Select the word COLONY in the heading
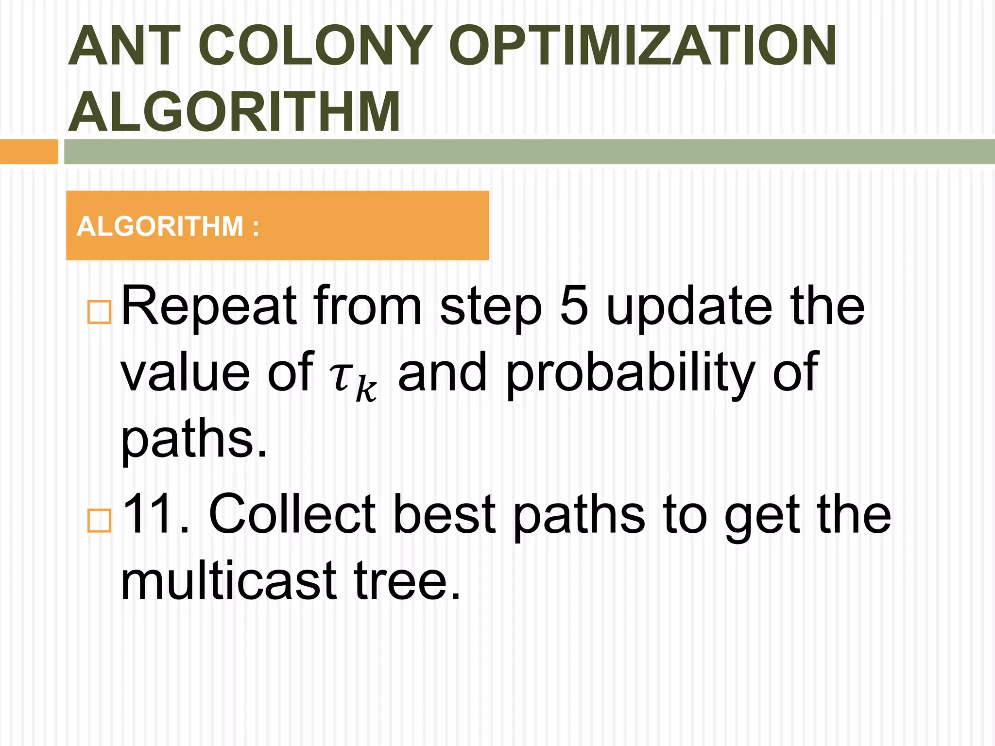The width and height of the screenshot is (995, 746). click(315, 47)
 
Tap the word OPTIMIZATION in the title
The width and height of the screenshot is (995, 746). click(642, 47)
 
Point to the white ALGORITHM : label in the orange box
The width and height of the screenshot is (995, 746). click(168, 226)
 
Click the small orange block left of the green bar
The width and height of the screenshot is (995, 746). click(29, 152)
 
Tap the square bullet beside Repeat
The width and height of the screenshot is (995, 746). click(99, 312)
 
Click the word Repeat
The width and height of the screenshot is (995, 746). click(208, 307)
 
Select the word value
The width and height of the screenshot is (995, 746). click(185, 373)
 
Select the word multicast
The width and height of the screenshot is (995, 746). click(228, 581)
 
